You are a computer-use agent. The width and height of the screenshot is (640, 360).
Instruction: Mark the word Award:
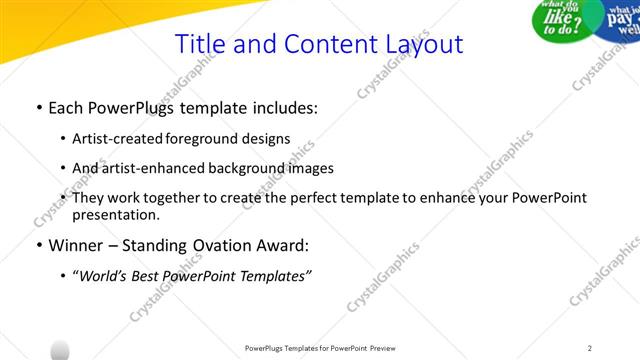[283, 245]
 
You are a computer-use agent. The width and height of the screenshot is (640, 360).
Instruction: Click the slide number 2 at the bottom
[590, 347]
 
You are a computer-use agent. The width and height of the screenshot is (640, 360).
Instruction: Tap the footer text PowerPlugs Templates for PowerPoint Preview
[320, 347]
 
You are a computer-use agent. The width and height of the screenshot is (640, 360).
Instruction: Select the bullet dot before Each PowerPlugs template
[38, 108]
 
